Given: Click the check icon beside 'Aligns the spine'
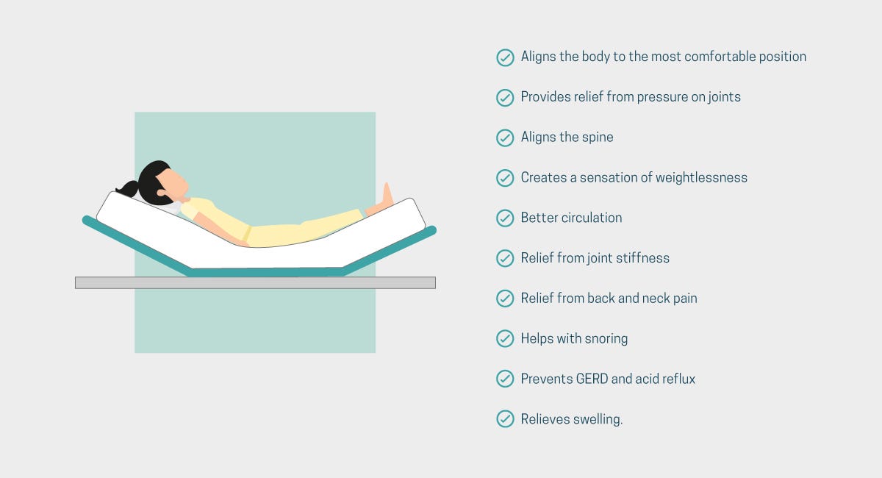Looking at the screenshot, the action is point(505,138).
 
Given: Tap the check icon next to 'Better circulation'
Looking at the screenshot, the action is point(505,218).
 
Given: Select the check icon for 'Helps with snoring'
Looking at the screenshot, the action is point(505,338).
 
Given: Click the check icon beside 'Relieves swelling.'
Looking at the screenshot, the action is point(505,419).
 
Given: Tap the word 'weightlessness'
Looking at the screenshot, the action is point(701,178).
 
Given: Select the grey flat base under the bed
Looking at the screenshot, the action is point(255,282).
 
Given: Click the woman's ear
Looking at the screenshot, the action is point(161,193).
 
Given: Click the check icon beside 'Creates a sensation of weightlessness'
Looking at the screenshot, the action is point(505,178).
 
